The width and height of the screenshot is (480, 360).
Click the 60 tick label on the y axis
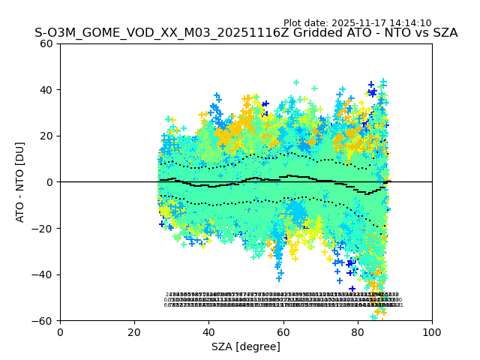coord(47,43)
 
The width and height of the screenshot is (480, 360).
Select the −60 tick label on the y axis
coord(43,321)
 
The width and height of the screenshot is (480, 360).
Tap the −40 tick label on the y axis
coord(43,274)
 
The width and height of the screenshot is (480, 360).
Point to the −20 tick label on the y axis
coord(43,229)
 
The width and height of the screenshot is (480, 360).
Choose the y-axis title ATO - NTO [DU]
coord(21,181)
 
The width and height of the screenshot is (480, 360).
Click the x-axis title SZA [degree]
coord(246,346)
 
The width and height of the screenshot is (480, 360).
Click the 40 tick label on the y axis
coord(47,90)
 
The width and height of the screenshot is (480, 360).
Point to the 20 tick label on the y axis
coord(47,136)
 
